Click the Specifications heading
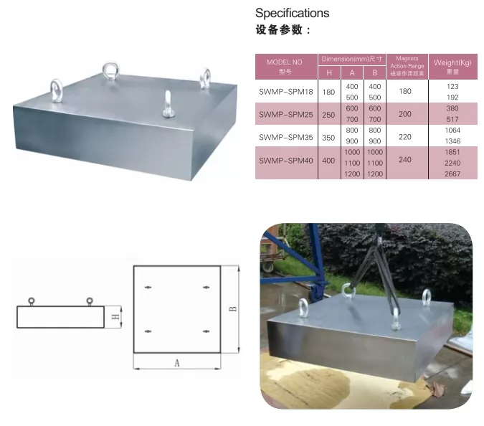click(292, 13)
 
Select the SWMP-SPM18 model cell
click(285, 91)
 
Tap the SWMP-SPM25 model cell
click(285, 114)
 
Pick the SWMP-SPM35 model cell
click(285, 136)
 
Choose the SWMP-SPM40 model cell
click(285, 160)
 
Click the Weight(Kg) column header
click(452, 66)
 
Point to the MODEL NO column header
click(285, 66)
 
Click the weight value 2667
click(452, 174)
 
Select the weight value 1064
click(452, 131)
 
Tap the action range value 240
click(405, 160)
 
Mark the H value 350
click(329, 136)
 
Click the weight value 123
click(452, 86)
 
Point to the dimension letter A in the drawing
click(176, 363)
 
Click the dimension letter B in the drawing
click(232, 309)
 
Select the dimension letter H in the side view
click(114, 316)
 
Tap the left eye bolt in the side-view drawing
click(31, 300)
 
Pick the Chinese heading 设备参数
click(283, 30)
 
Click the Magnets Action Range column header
click(405, 66)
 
